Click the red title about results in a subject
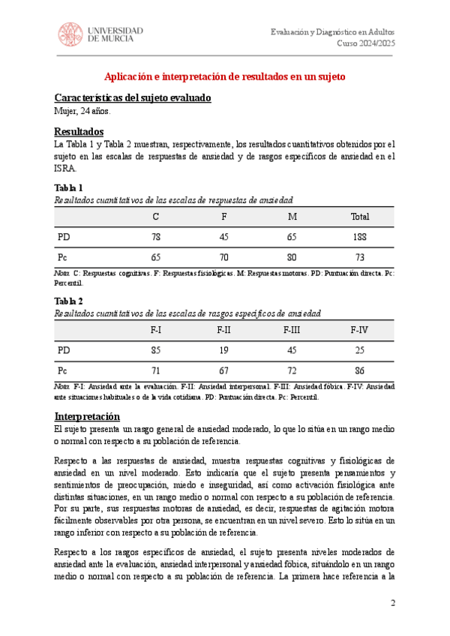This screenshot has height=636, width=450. pos(225,76)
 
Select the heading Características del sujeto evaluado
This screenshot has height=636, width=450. pos(133,98)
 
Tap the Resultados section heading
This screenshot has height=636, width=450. pos(79,132)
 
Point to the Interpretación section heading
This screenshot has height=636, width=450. pos(86,416)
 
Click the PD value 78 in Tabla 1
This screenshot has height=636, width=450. pos(156,237)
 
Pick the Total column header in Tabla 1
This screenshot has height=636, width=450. pos(360,217)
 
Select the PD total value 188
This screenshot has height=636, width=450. pos(360,237)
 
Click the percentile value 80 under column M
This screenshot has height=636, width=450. pos(292,257)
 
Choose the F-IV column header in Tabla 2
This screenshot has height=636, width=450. pos(360,330)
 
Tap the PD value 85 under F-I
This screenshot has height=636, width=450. pos(156,350)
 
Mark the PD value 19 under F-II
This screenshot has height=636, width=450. pos(223,350)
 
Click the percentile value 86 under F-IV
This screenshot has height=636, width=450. pos(360,370)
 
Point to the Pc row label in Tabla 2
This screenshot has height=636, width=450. pos(63,370)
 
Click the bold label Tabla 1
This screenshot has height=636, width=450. pos(69,187)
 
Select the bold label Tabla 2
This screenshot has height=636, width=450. pos(69,301)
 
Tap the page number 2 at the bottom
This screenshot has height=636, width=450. pos(391,604)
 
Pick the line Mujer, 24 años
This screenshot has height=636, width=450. pos(82,112)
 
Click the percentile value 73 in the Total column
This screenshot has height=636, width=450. pos(360,257)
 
